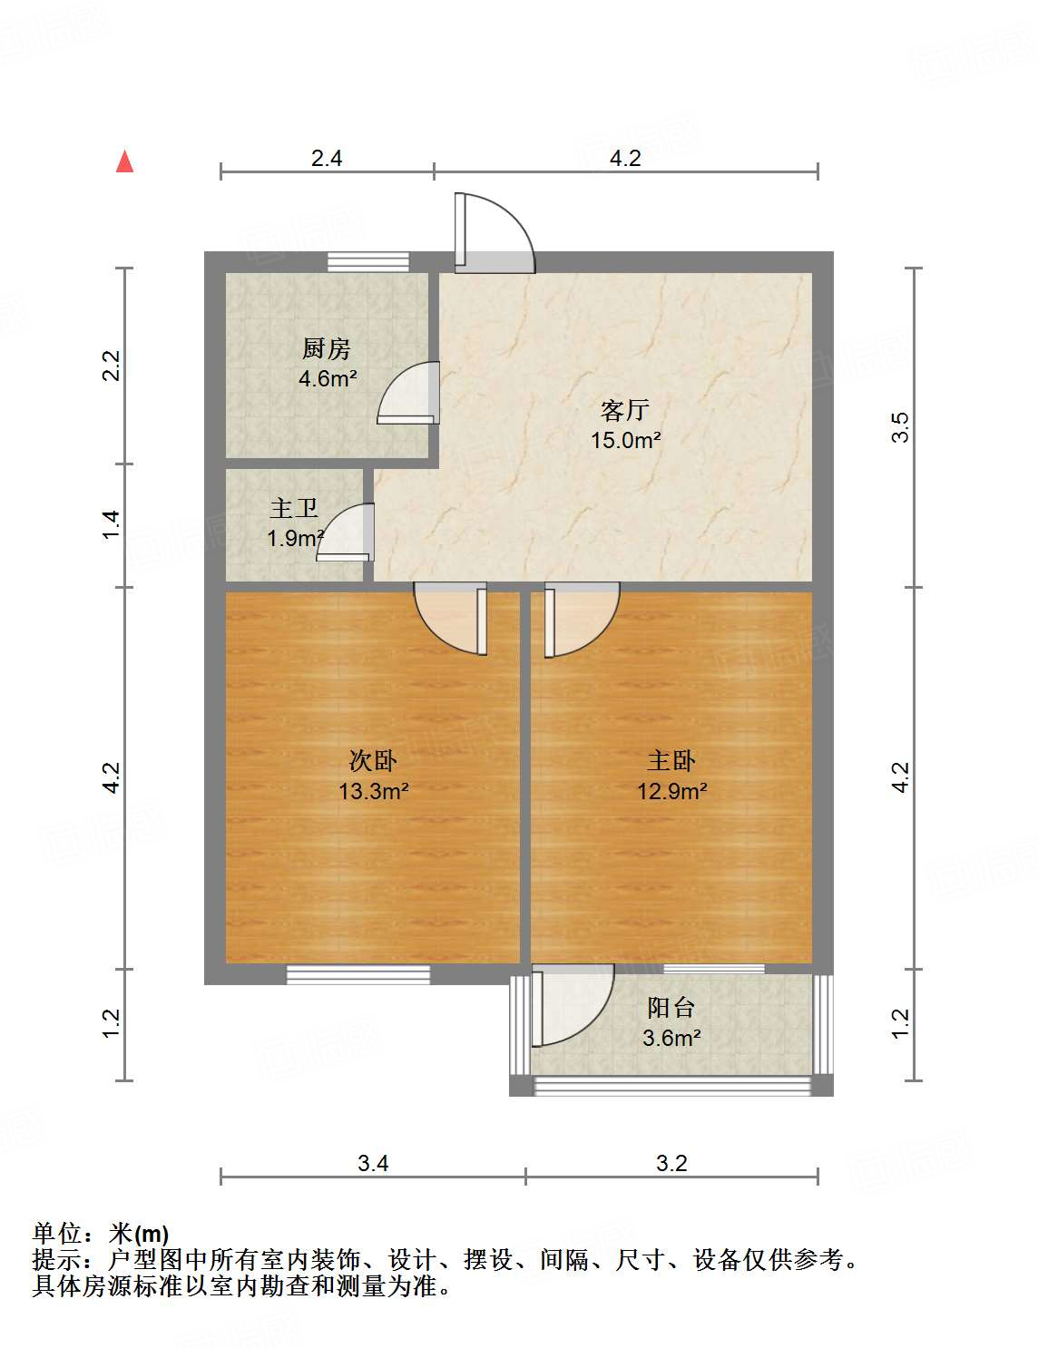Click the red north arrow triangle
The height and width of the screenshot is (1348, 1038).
pos(125,161)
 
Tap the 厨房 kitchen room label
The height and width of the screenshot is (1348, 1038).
pos(326,348)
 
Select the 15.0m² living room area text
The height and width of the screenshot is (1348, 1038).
pos(625,442)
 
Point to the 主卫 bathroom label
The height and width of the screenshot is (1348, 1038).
pos(294,509)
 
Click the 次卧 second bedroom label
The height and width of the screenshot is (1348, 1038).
pos(372,760)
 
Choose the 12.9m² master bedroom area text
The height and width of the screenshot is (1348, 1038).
pos(671,791)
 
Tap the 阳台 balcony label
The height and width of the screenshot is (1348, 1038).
pos(671,1007)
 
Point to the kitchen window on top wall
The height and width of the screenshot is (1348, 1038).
pos(368,262)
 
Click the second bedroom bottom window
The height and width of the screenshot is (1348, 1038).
pos(358,974)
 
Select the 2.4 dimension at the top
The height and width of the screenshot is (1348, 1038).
pos(327,159)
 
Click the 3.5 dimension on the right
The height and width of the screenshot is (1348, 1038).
pos(899,427)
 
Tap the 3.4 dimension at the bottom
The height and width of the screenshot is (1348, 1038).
pos(373,1163)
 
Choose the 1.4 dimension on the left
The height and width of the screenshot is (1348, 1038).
pos(111,525)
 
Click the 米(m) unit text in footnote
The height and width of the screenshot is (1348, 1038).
pos(139,1234)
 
